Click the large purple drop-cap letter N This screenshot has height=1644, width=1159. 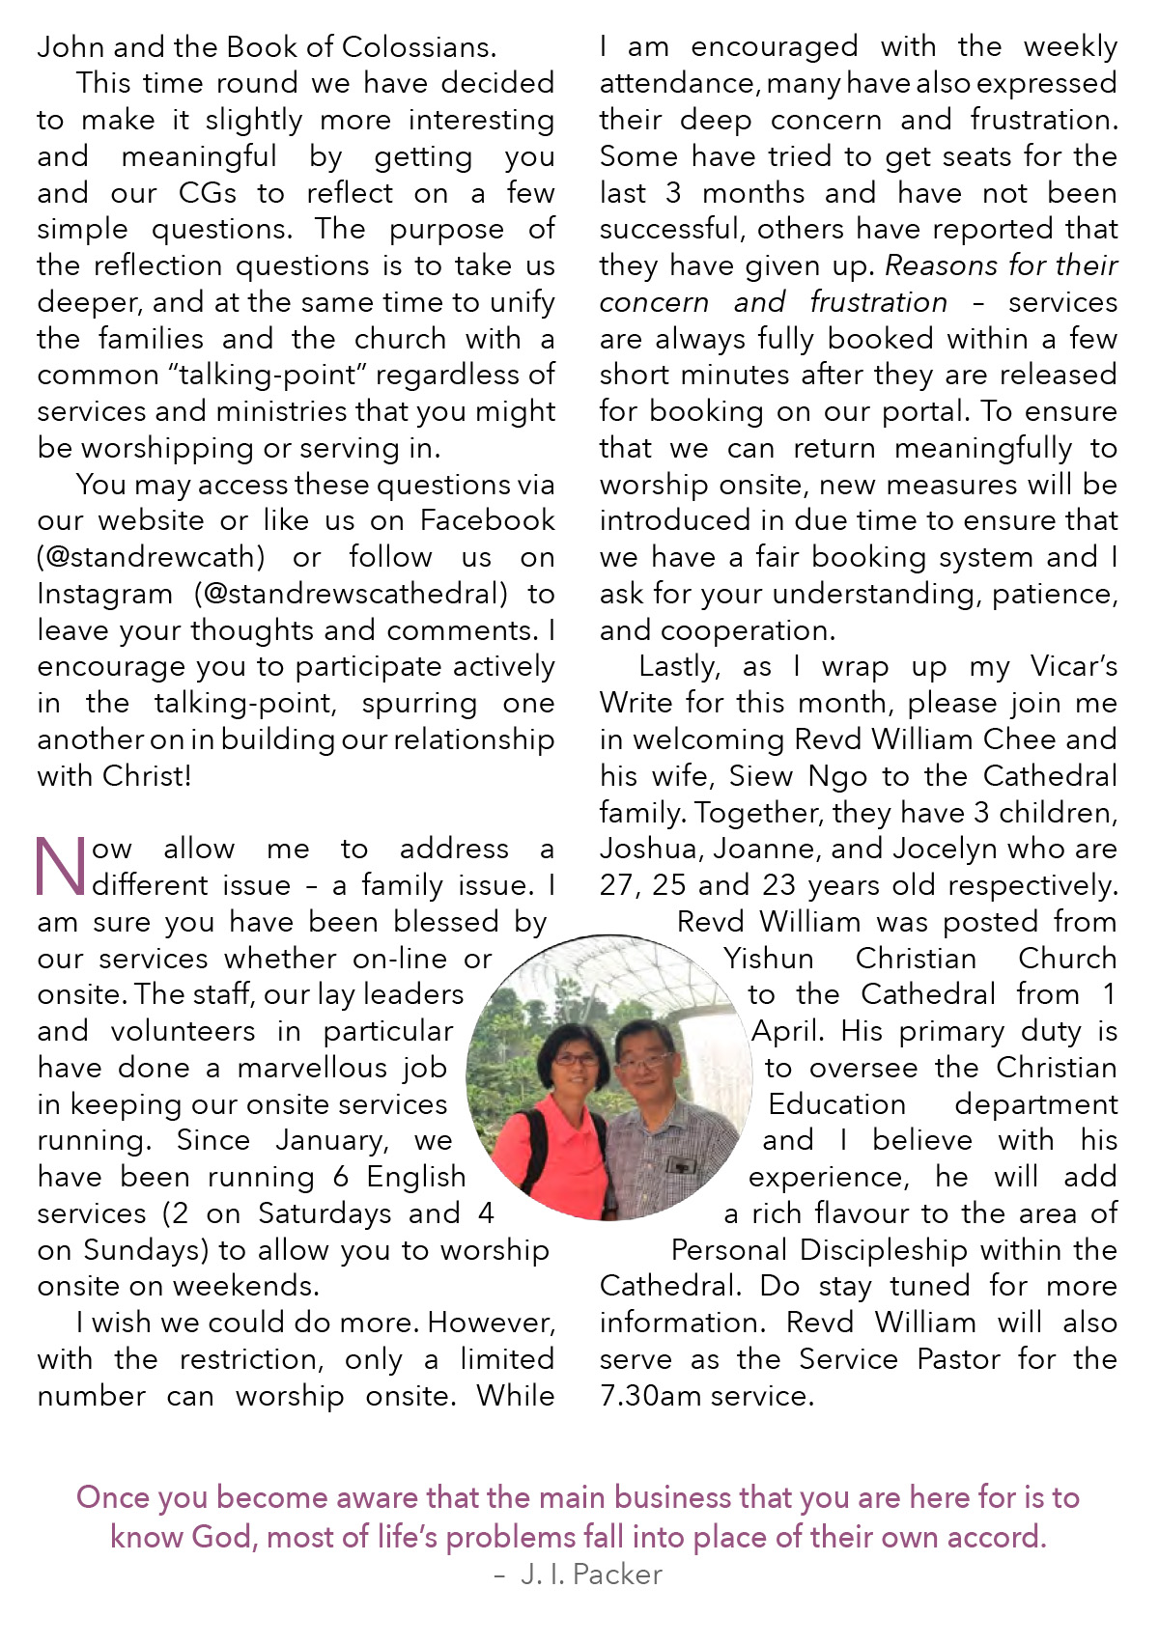click(x=61, y=866)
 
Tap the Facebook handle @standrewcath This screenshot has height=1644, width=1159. click(x=151, y=557)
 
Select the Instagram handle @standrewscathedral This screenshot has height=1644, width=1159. click(x=351, y=594)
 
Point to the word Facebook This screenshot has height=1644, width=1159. click(x=488, y=520)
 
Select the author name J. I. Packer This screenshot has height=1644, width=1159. click(x=591, y=1574)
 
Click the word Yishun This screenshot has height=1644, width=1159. click(x=769, y=959)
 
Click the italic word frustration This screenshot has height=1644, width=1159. click(x=879, y=302)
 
